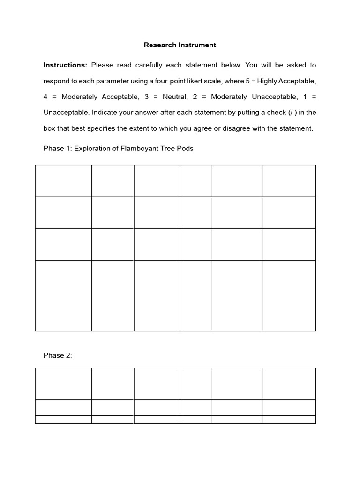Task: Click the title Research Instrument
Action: (180, 45)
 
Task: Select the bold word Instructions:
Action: (66, 65)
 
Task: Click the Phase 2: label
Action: (58, 355)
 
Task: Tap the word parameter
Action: (112, 81)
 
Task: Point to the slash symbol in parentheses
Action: (292, 112)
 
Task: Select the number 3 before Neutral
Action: (147, 97)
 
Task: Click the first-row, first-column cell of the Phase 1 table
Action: (63, 181)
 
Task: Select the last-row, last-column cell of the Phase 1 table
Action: (289, 295)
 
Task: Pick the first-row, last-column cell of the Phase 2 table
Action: (289, 383)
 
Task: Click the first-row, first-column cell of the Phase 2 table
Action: (63, 383)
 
